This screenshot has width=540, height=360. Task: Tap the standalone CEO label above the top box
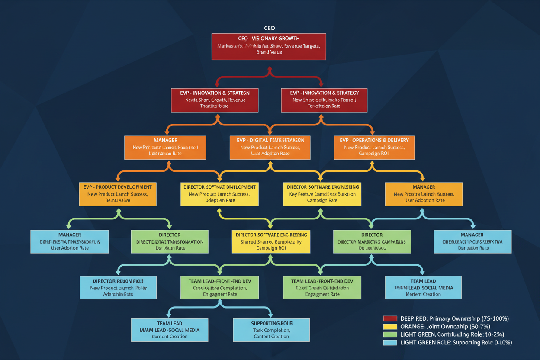click(x=269, y=28)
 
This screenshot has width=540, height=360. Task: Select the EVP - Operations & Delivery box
click(x=374, y=148)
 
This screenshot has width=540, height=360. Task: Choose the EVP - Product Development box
click(x=118, y=194)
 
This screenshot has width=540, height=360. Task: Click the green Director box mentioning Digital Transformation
click(x=170, y=241)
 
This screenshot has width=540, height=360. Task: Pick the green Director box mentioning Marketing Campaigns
click(x=372, y=241)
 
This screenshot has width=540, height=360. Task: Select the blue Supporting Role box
click(x=271, y=330)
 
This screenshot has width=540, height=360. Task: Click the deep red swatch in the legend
click(x=390, y=318)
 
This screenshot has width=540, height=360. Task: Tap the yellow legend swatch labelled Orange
click(x=390, y=327)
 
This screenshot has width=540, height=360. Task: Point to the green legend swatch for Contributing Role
click(x=390, y=334)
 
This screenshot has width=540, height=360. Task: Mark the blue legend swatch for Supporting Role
click(x=390, y=343)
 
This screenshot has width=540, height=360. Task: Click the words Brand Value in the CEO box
click(x=269, y=52)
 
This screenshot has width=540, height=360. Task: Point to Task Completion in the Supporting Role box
click(x=271, y=330)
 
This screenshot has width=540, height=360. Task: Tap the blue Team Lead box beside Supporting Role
click(x=170, y=330)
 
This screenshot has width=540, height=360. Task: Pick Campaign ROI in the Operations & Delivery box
click(x=374, y=154)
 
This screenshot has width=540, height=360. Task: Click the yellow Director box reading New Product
click(x=219, y=194)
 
